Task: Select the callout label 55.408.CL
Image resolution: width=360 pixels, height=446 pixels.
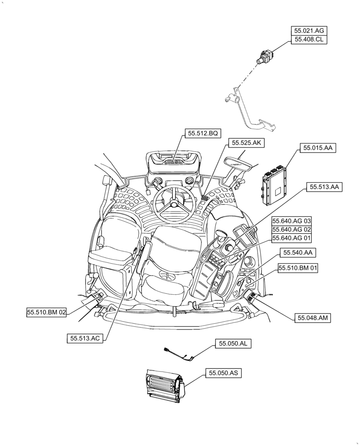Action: click(309, 40)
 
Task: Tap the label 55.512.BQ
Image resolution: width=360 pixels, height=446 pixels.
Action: click(202, 133)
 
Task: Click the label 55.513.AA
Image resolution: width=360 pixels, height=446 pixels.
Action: click(323, 187)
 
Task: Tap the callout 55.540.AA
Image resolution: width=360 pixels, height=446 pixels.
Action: click(298, 252)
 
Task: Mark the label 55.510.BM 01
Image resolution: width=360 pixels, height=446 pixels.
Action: click(298, 268)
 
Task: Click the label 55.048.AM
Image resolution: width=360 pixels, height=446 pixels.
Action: click(313, 318)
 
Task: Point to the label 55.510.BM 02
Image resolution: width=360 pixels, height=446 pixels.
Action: click(46, 313)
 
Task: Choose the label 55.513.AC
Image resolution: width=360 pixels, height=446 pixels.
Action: click(85, 339)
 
